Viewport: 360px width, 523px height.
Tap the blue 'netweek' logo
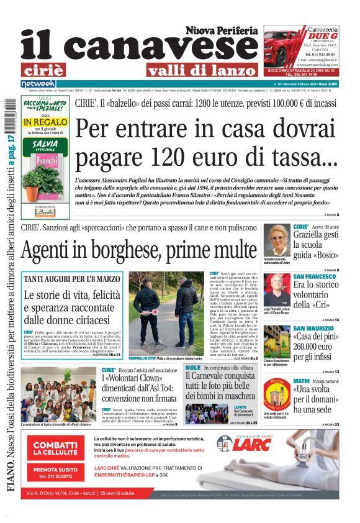[38, 84]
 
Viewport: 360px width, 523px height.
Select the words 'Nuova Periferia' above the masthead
[222, 30]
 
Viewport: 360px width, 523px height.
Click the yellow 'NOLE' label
[193, 368]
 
